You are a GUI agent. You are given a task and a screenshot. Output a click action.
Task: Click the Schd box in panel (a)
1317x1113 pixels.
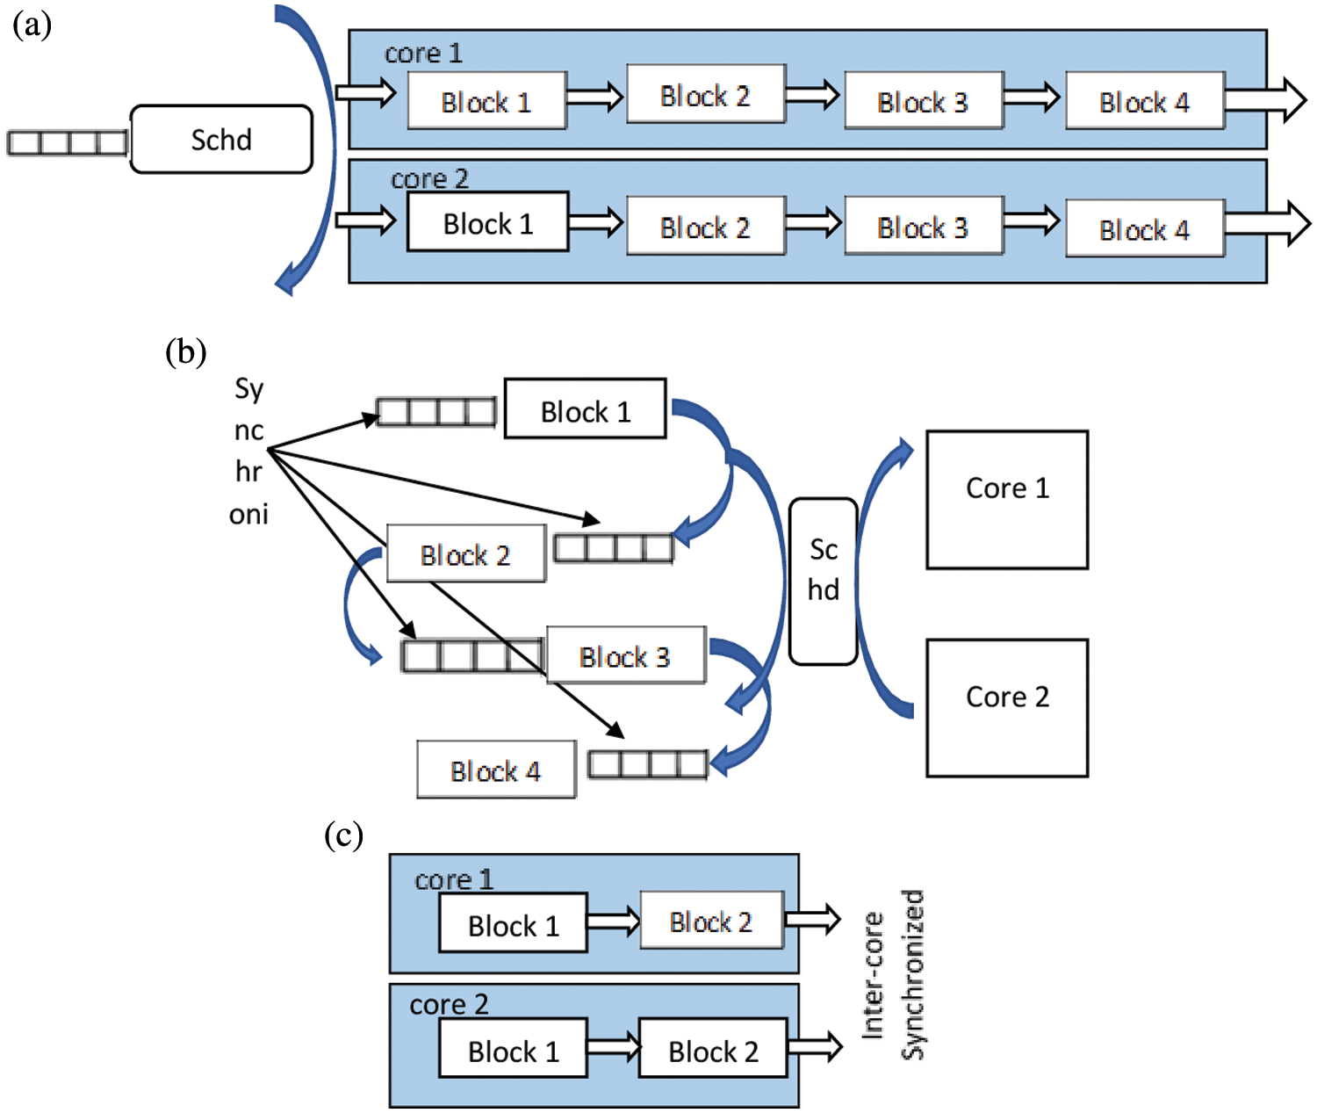[221, 140]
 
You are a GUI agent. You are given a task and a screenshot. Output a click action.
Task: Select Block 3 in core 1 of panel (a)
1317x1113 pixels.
[924, 102]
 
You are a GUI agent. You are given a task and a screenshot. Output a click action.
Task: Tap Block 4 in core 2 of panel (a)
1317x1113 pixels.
[1144, 229]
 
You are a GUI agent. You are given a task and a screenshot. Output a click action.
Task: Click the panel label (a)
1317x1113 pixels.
[32, 25]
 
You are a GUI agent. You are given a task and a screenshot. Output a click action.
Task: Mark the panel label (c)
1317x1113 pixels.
[343, 835]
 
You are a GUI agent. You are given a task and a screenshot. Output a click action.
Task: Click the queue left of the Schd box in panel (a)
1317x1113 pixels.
[68, 142]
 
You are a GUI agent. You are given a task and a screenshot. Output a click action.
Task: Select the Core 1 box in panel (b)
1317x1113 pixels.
[1007, 499]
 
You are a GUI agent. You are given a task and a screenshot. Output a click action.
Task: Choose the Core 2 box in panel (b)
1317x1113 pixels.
[1007, 707]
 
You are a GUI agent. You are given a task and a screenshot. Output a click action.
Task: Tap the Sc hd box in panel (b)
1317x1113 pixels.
[823, 581]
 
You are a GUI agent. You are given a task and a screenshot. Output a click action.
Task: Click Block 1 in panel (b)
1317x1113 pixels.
[585, 408]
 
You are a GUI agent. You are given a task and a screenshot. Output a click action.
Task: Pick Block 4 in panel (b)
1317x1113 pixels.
[496, 770]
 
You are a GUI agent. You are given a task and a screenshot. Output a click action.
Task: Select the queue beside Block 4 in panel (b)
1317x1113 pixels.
[648, 764]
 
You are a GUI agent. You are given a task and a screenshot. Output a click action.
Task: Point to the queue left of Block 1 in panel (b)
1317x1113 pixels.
[436, 412]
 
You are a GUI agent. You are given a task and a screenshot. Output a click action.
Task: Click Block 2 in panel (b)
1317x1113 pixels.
[465, 554]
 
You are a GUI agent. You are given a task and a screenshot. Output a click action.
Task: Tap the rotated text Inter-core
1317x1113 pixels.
[873, 975]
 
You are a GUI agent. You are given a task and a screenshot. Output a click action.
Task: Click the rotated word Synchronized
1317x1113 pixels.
[914, 975]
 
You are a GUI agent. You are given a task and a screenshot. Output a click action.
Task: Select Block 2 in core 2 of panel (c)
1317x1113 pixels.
[713, 1048]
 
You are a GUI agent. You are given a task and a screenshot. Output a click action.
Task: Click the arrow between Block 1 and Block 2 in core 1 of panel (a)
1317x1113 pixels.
[595, 97]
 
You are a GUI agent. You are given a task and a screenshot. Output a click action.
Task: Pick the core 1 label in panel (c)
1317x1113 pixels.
[453, 879]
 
